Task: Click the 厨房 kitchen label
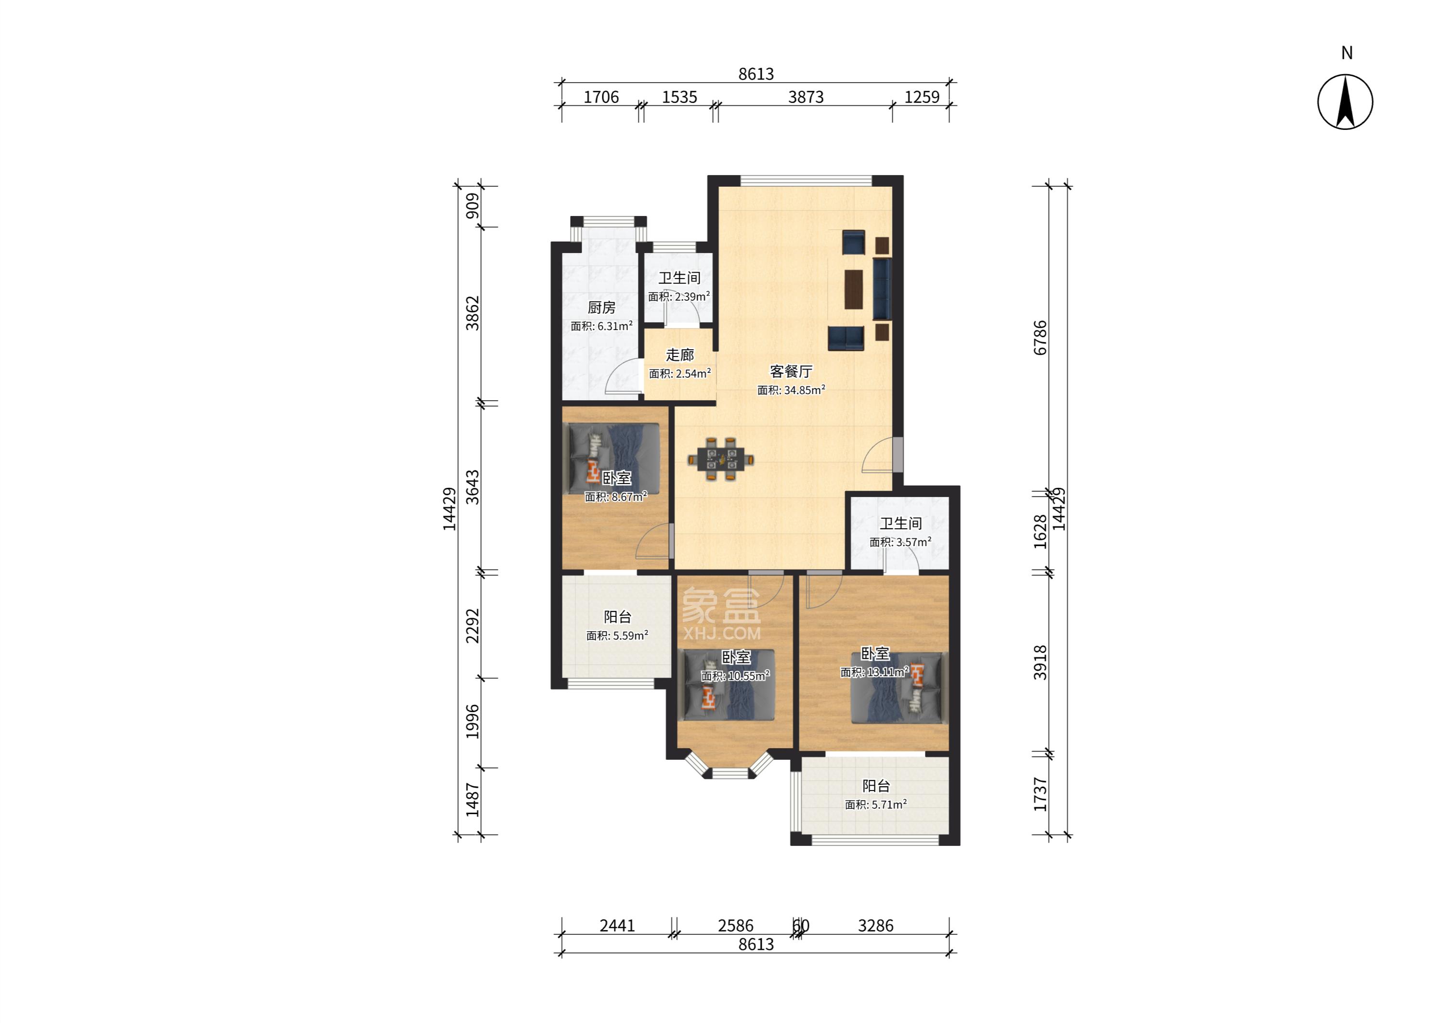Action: click(601, 307)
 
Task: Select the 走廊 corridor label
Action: click(680, 355)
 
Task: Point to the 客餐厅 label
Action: click(791, 371)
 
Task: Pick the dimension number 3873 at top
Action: click(806, 97)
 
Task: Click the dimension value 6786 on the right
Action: click(1040, 338)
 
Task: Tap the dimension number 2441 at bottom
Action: click(617, 925)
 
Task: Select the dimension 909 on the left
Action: click(472, 206)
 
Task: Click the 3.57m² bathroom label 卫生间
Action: click(901, 524)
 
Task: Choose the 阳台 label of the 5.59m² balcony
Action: click(618, 617)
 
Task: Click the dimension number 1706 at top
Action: click(601, 97)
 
